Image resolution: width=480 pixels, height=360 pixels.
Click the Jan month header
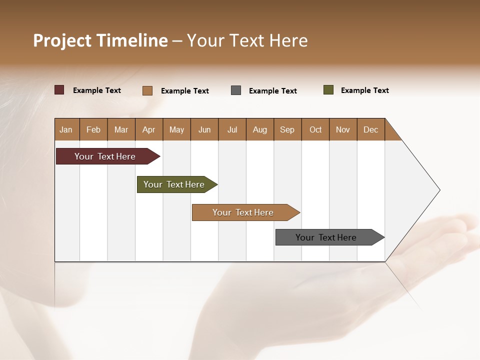tap(66, 129)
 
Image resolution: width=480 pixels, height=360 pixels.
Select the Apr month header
tap(149, 129)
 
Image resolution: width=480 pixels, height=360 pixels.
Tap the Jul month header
tap(232, 129)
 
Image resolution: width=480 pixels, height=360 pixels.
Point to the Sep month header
tap(287, 129)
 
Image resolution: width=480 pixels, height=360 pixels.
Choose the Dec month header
tap(370, 129)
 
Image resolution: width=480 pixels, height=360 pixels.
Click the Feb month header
tap(93, 129)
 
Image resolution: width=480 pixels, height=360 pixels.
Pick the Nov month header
tap(343, 129)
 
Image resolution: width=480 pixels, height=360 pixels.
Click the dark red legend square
tap(59, 90)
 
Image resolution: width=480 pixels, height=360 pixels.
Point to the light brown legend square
tap(147, 90)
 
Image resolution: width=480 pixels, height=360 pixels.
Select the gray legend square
tap(236, 90)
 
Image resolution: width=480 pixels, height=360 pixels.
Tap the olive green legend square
tap(328, 90)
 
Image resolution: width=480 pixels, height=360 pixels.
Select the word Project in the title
tap(62, 40)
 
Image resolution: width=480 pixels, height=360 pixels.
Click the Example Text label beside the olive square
tap(364, 90)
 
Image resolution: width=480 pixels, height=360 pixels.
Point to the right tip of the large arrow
tap(439, 190)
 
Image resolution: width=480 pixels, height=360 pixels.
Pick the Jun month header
tap(204, 129)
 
